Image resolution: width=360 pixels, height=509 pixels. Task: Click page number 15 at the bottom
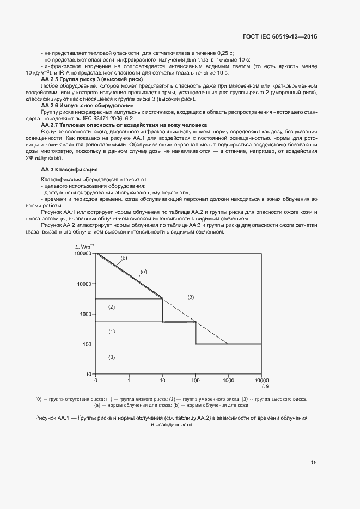(x=314, y=462)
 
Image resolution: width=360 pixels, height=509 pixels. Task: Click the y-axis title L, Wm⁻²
(x=84, y=248)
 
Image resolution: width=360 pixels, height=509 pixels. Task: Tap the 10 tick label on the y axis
(x=90, y=375)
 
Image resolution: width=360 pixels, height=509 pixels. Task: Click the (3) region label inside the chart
(x=191, y=297)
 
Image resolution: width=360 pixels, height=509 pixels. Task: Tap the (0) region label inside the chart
(x=112, y=357)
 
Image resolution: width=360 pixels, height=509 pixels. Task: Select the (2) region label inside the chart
(x=112, y=307)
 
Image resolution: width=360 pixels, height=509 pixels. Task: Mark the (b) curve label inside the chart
(x=124, y=258)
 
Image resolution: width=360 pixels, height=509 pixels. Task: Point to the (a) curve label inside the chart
(x=144, y=271)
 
